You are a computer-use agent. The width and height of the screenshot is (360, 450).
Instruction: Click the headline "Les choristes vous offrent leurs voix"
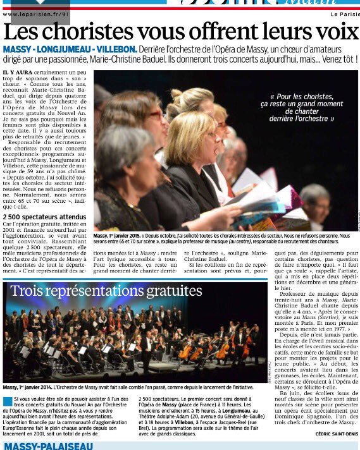point(179,32)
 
